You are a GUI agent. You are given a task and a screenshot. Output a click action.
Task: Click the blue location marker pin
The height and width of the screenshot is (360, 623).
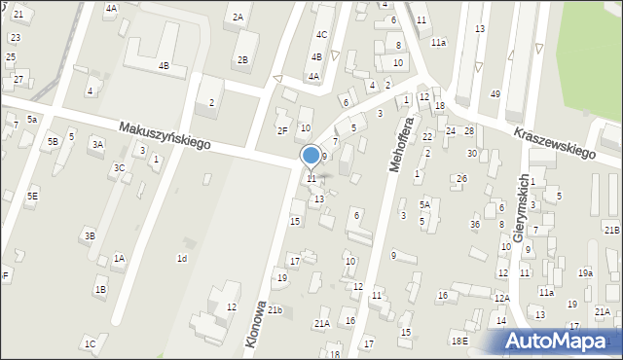pyautogui.click(x=311, y=156)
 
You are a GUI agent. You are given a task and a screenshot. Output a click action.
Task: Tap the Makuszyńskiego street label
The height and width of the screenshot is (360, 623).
pyautogui.click(x=165, y=135)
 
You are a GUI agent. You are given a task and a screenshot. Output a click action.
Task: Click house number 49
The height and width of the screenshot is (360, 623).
pyautogui.click(x=495, y=93)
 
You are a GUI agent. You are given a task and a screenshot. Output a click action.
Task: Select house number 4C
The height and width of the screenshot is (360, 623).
pyautogui.click(x=320, y=35)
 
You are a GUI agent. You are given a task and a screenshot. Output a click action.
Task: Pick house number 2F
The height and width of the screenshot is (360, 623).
pyautogui.click(x=282, y=130)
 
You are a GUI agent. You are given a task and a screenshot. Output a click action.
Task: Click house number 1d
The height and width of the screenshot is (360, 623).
pyautogui.click(x=181, y=258)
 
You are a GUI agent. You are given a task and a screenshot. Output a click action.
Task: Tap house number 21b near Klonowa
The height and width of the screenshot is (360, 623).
pyautogui.click(x=275, y=310)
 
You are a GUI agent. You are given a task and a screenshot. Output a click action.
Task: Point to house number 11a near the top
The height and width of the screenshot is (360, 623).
pyautogui.click(x=439, y=43)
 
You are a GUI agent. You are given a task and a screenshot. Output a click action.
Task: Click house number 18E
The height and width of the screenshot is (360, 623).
pyautogui.click(x=459, y=341)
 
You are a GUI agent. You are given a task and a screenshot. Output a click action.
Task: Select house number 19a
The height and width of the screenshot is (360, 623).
pyautogui.click(x=585, y=273)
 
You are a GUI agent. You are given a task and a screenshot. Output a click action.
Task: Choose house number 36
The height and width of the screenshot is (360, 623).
pyautogui.click(x=475, y=225)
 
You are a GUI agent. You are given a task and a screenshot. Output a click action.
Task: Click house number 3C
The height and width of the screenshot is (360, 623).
pyautogui.click(x=119, y=167)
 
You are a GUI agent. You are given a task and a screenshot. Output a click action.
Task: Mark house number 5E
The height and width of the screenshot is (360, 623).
pyautogui.click(x=32, y=197)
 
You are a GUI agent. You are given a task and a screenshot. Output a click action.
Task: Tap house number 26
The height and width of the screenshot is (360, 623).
pyautogui.click(x=461, y=178)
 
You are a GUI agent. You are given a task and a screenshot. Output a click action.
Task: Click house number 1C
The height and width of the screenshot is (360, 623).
pyautogui.click(x=90, y=343)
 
